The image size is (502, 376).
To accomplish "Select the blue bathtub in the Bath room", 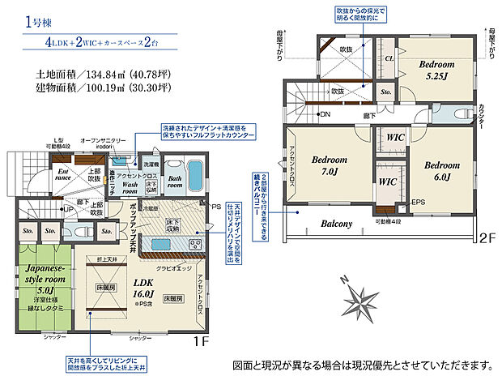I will click(x=194, y=175).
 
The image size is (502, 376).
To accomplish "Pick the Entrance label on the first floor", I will click(x=62, y=173).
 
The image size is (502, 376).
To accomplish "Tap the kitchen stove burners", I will click(x=194, y=244).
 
